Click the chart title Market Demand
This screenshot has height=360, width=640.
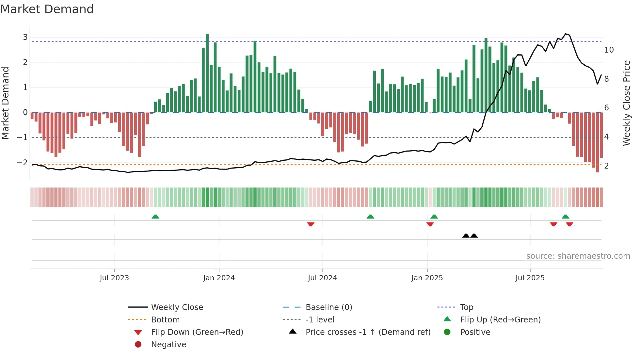click(47, 9)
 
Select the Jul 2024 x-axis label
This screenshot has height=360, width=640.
click(322, 278)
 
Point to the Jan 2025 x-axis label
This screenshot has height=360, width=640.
click(427, 278)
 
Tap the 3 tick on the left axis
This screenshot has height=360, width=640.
click(25, 37)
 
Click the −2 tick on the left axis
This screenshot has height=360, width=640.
click(23, 162)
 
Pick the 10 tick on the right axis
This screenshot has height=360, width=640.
click(609, 50)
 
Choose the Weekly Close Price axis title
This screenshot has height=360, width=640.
click(626, 103)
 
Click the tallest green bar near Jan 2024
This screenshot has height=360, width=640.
click(207, 72)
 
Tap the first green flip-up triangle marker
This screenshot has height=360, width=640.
click(155, 217)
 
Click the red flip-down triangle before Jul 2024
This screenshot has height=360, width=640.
click(311, 224)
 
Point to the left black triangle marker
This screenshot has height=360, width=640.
click(466, 236)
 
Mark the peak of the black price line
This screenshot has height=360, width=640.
click(566, 34)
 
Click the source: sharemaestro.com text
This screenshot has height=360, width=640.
click(578, 256)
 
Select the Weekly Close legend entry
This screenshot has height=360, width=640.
click(177, 307)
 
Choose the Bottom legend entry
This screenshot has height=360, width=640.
click(165, 320)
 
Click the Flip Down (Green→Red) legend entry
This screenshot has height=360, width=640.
click(197, 332)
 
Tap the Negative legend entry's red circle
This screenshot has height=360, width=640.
click(138, 345)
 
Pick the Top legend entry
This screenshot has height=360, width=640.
click(466, 307)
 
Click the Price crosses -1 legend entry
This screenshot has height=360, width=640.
click(368, 332)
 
